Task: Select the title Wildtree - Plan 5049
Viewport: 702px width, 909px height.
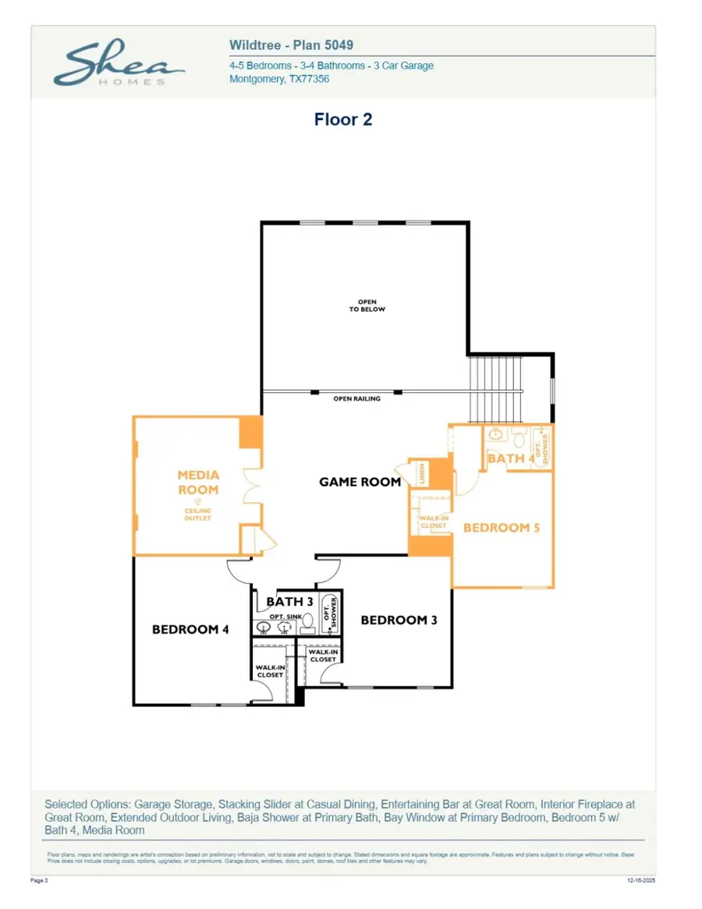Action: pos(291,45)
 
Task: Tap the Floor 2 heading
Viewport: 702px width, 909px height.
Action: pos(343,119)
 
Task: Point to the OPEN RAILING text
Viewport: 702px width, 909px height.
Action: pos(357,398)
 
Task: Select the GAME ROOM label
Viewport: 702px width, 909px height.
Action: pos(360,482)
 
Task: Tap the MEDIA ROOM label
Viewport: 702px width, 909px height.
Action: pos(198,483)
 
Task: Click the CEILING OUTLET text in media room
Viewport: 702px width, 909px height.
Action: pos(198,515)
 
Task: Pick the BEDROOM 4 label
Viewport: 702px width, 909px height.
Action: pos(190,629)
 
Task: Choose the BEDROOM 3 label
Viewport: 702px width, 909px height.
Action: pos(399,620)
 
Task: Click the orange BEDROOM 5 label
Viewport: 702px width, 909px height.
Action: pos(502,528)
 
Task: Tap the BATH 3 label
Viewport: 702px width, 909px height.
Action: pos(289,602)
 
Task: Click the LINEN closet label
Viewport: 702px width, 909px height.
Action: pos(422,473)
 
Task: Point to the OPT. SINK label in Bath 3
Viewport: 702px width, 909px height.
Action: pos(285,617)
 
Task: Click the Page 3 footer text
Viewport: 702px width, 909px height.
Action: pos(39,880)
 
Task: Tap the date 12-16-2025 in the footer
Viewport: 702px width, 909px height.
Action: pos(643,880)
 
